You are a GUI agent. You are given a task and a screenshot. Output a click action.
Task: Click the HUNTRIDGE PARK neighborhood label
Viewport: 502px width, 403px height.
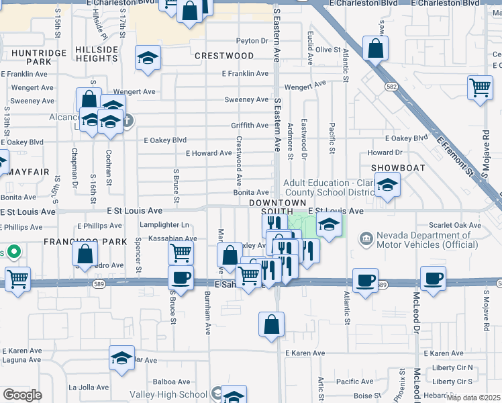pyautogui.click(x=40, y=57)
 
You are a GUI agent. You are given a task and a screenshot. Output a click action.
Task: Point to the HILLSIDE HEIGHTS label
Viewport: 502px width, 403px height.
pyautogui.click(x=97, y=54)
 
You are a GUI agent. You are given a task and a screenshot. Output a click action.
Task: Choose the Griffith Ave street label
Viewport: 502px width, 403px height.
pyautogui.click(x=250, y=126)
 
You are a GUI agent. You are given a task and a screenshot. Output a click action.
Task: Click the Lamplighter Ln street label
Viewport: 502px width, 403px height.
pyautogui.click(x=164, y=225)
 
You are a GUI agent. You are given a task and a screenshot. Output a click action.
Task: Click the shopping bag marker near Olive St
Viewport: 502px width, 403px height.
pyautogui.click(x=375, y=48)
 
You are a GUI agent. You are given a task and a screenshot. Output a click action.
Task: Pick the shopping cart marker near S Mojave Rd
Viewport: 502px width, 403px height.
pyautogui.click(x=481, y=87)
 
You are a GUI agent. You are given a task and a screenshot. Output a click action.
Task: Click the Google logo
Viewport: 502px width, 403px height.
pyautogui.click(x=21, y=395)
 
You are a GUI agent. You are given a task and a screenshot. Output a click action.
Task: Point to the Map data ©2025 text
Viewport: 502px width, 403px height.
pyautogui.click(x=472, y=398)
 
